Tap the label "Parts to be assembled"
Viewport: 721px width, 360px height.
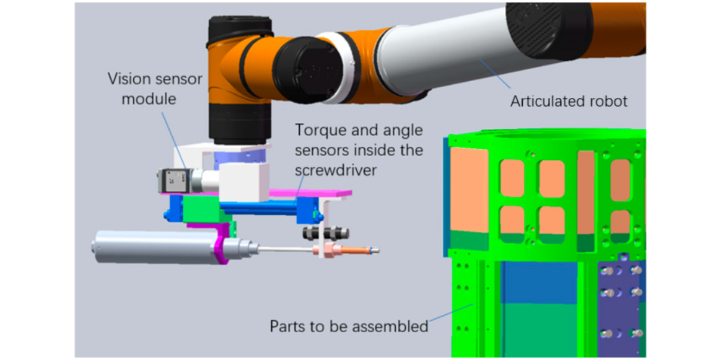click(349, 325)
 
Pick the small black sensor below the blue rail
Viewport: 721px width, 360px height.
click(326, 233)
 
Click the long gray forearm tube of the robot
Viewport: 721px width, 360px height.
click(446, 58)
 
